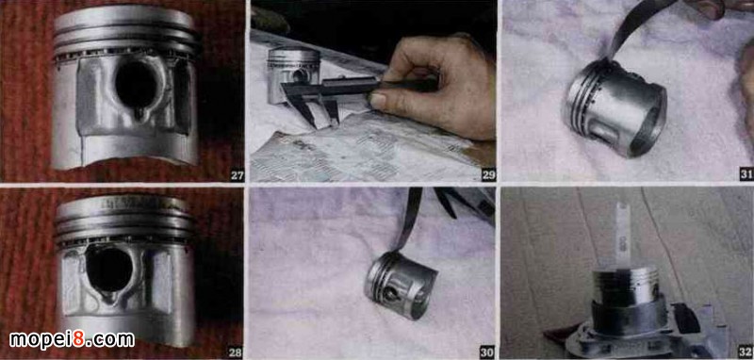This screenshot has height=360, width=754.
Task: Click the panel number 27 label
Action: (x=237, y=175)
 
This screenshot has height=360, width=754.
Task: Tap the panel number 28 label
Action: (x=235, y=352)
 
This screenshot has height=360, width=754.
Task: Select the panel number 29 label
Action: (x=488, y=175)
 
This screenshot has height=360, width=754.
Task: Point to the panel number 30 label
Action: (x=486, y=352)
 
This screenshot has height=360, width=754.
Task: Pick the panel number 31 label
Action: (x=746, y=175)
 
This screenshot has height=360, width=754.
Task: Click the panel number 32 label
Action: (x=746, y=352)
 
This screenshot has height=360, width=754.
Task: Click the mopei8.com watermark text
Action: (x=73, y=340)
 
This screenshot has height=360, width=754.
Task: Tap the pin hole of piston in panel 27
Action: (x=136, y=85)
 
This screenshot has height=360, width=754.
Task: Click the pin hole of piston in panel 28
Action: (x=109, y=268)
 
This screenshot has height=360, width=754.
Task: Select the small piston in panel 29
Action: (x=293, y=74)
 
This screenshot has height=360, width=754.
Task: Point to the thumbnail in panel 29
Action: (x=378, y=101)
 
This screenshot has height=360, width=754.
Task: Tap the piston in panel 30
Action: (x=400, y=285)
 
